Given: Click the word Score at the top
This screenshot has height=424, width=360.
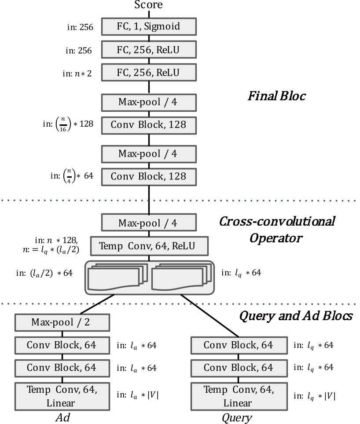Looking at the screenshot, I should coord(148,5).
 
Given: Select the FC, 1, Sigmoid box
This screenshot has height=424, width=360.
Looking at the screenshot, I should coord(148,26).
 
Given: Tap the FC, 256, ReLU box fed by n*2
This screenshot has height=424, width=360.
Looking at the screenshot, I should coord(148,72).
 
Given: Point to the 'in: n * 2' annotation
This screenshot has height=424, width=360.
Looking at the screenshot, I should coord(77,73).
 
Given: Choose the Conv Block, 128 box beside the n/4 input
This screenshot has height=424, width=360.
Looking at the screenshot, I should coord(148,176).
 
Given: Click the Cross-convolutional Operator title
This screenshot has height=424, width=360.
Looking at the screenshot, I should coord(276,229).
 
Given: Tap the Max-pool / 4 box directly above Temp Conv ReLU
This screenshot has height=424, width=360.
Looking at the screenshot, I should coord(148,223).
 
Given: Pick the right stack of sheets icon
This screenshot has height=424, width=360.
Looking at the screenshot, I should coord(180,278).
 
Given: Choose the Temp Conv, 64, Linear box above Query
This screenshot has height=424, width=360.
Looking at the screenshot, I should coord(238,396).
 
